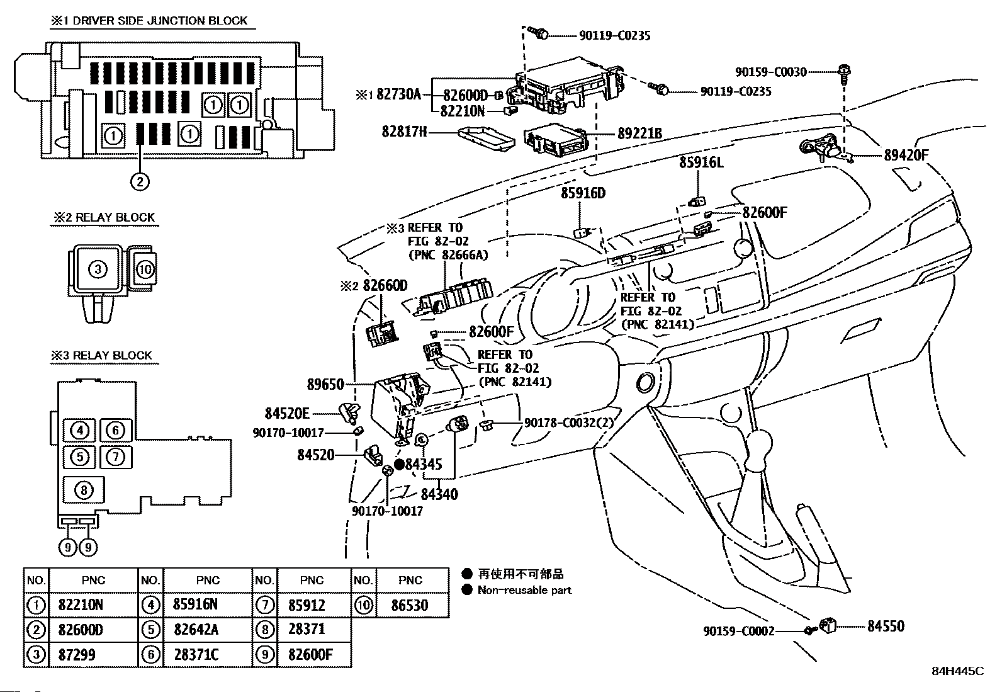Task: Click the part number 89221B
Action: pos(639,133)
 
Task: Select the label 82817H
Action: pos(404,132)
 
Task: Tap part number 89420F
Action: pos(906,156)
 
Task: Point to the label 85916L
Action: pos(701,162)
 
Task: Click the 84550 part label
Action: pos(886,626)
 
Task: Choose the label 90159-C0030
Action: pos(771,72)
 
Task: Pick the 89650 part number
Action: pos(325,385)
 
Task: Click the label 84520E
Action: pos(287,414)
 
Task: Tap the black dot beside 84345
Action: pos(400,464)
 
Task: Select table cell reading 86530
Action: pos(410,605)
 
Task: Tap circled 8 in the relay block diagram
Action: pos(84,490)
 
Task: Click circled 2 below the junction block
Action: pos(140,182)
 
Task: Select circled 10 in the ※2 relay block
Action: pos(145,269)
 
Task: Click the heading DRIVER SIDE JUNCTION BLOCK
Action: pos(160,21)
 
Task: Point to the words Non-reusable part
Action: pos(525,590)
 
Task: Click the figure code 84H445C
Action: pos(958,683)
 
